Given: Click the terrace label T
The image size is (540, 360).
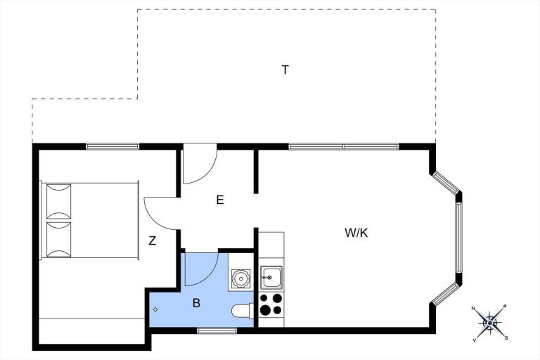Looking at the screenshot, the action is [285, 70].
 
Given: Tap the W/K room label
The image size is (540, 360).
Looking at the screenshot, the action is [356, 233].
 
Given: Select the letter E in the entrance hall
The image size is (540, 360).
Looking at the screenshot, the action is [219, 200].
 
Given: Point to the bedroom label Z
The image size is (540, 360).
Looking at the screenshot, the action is [152, 240].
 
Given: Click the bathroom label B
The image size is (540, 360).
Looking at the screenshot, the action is [196, 303].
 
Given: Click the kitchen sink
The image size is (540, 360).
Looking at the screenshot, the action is [271, 277].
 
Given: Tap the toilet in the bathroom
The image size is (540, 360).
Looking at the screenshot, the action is [243, 310].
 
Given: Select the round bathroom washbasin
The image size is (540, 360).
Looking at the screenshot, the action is [240, 278].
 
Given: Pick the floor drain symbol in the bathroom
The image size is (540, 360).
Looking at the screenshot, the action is [155, 309].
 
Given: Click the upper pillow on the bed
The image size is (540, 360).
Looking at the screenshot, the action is [58, 202].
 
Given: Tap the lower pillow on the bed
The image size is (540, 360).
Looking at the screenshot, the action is [58, 240].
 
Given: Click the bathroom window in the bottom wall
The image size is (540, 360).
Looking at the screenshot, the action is [217, 330].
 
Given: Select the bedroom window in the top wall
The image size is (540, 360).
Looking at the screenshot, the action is [112, 147].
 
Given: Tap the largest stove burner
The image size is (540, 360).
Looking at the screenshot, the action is [265, 310].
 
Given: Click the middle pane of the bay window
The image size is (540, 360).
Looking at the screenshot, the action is [458, 238].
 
